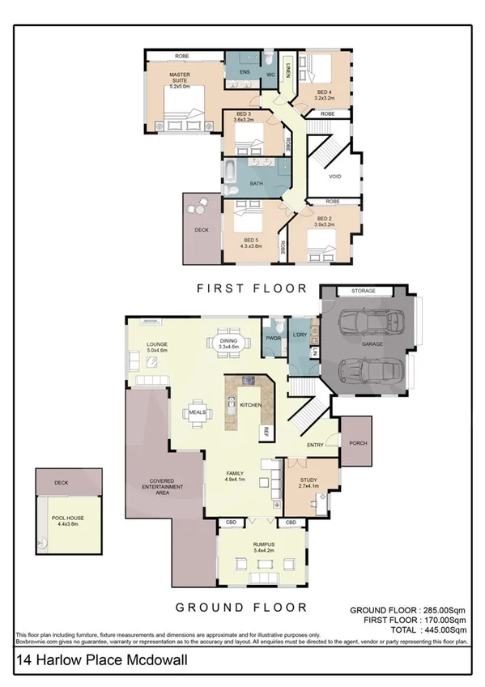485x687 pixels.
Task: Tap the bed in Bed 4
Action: coord(317,71)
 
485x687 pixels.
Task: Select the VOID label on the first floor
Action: coord(336,177)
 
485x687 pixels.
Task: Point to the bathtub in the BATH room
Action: coord(231,172)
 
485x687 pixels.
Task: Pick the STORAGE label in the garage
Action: coord(362,291)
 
